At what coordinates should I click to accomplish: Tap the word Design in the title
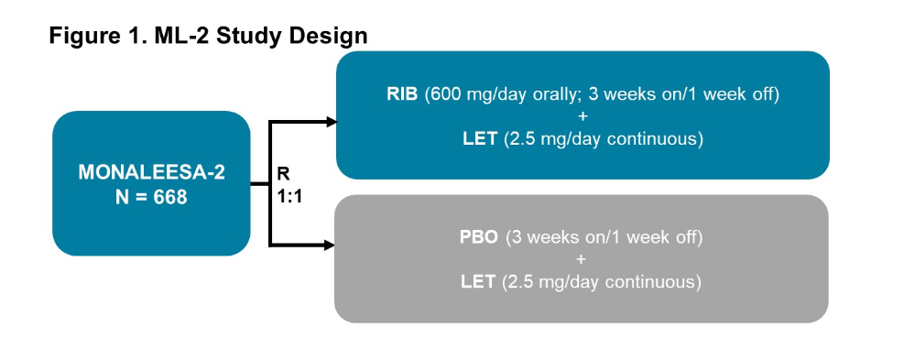331,36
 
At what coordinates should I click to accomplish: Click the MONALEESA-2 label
151,173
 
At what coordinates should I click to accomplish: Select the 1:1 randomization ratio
289,197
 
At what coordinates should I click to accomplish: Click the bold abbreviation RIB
402,94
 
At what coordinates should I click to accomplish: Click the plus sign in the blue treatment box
583,116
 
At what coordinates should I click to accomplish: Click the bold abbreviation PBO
478,238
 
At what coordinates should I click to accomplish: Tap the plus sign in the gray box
582,259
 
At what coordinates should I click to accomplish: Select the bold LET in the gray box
478,282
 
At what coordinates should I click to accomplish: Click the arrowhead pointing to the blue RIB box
332,122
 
